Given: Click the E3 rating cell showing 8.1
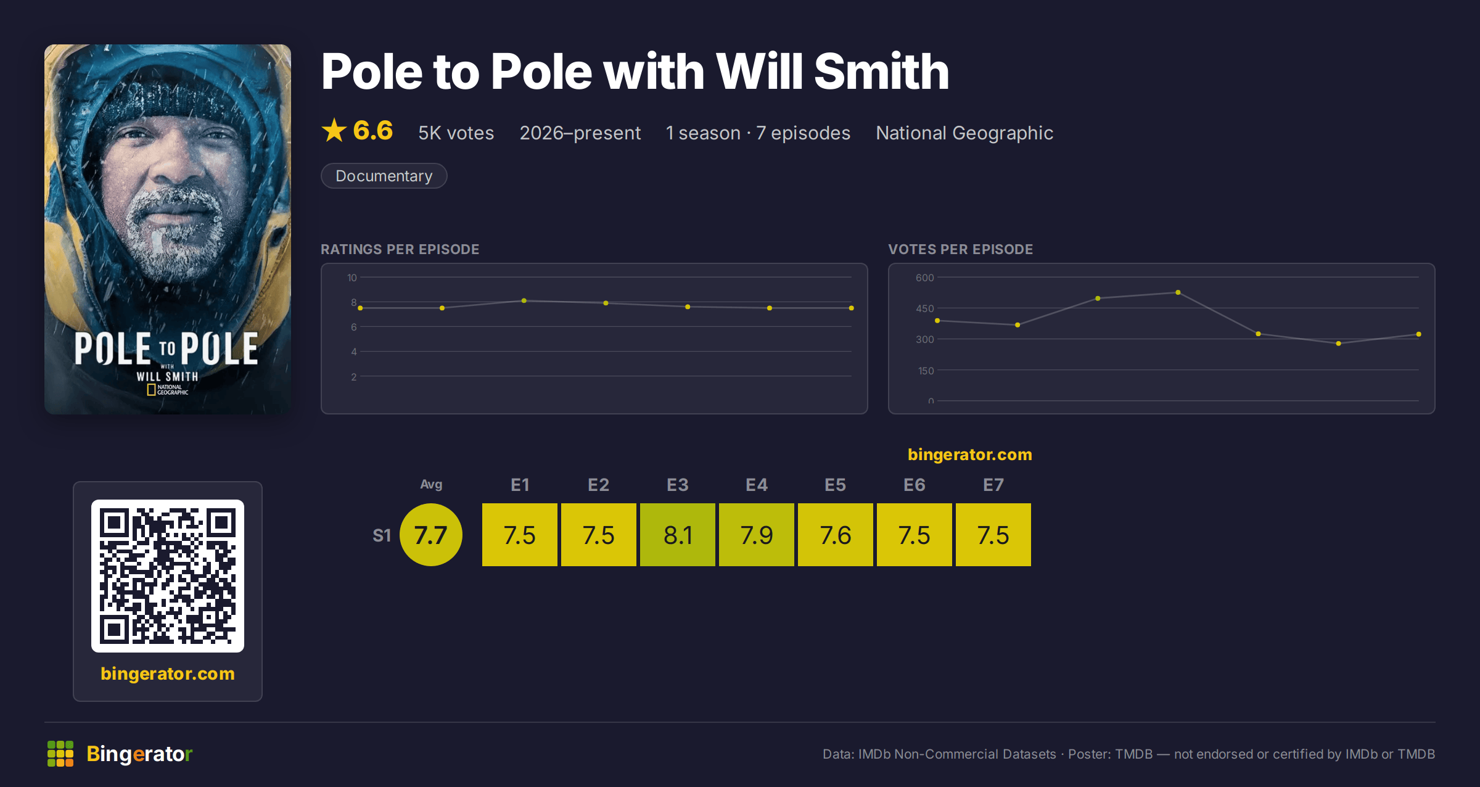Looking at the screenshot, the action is click(677, 535).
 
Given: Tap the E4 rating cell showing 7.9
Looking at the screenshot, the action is click(756, 535).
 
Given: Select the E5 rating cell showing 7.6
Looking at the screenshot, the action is click(835, 535).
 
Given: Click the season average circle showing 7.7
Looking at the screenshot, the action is click(430, 535).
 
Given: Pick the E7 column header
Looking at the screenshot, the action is click(993, 485).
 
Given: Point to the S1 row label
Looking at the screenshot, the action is click(382, 535).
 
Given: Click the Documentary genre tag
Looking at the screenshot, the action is click(384, 176).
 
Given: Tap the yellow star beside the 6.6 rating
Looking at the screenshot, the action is click(334, 130).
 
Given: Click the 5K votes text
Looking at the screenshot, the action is click(456, 133).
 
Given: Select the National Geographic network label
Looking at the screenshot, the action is click(964, 133).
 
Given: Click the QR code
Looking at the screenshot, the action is click(168, 576).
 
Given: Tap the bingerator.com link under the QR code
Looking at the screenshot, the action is click(168, 674).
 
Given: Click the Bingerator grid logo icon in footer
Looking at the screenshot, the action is click(60, 754).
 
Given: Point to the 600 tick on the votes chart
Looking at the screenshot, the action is click(924, 278).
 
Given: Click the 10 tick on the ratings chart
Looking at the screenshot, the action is click(351, 278).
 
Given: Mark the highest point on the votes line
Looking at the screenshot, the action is click(1178, 292).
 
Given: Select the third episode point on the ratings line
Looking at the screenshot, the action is click(524, 300).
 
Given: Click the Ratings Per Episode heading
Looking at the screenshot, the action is click(400, 249).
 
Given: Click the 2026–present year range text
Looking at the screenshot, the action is click(580, 133).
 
